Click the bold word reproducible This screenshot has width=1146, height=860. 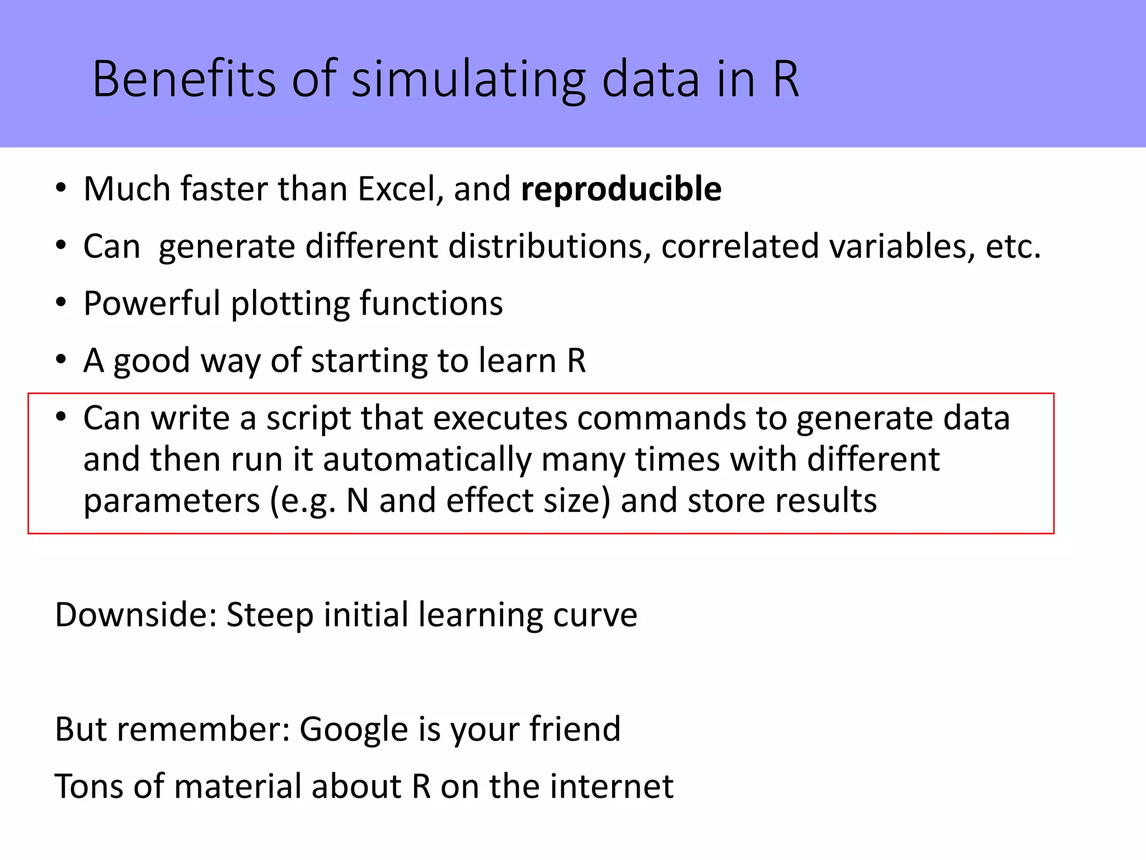[621, 189]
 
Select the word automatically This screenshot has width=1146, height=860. [427, 460]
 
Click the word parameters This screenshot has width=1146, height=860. [172, 501]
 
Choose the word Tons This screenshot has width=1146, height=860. [89, 786]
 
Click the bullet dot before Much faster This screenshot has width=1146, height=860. [61, 188]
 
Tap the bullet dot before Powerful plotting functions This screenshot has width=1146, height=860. [61, 302]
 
